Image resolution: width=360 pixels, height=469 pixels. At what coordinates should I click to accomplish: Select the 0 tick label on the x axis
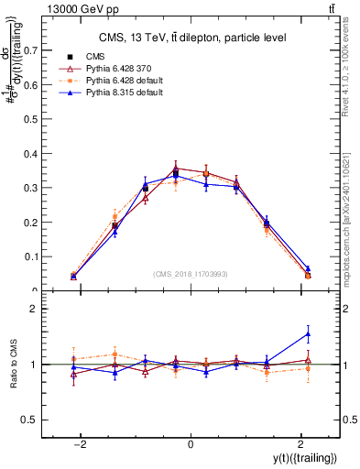coord(190,443)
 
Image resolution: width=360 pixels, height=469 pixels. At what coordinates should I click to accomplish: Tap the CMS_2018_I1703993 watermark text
coord(190,274)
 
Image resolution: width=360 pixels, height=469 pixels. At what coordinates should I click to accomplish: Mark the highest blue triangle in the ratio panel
coord(308,333)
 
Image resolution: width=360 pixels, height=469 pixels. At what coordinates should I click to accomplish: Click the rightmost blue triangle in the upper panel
coord(308,269)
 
